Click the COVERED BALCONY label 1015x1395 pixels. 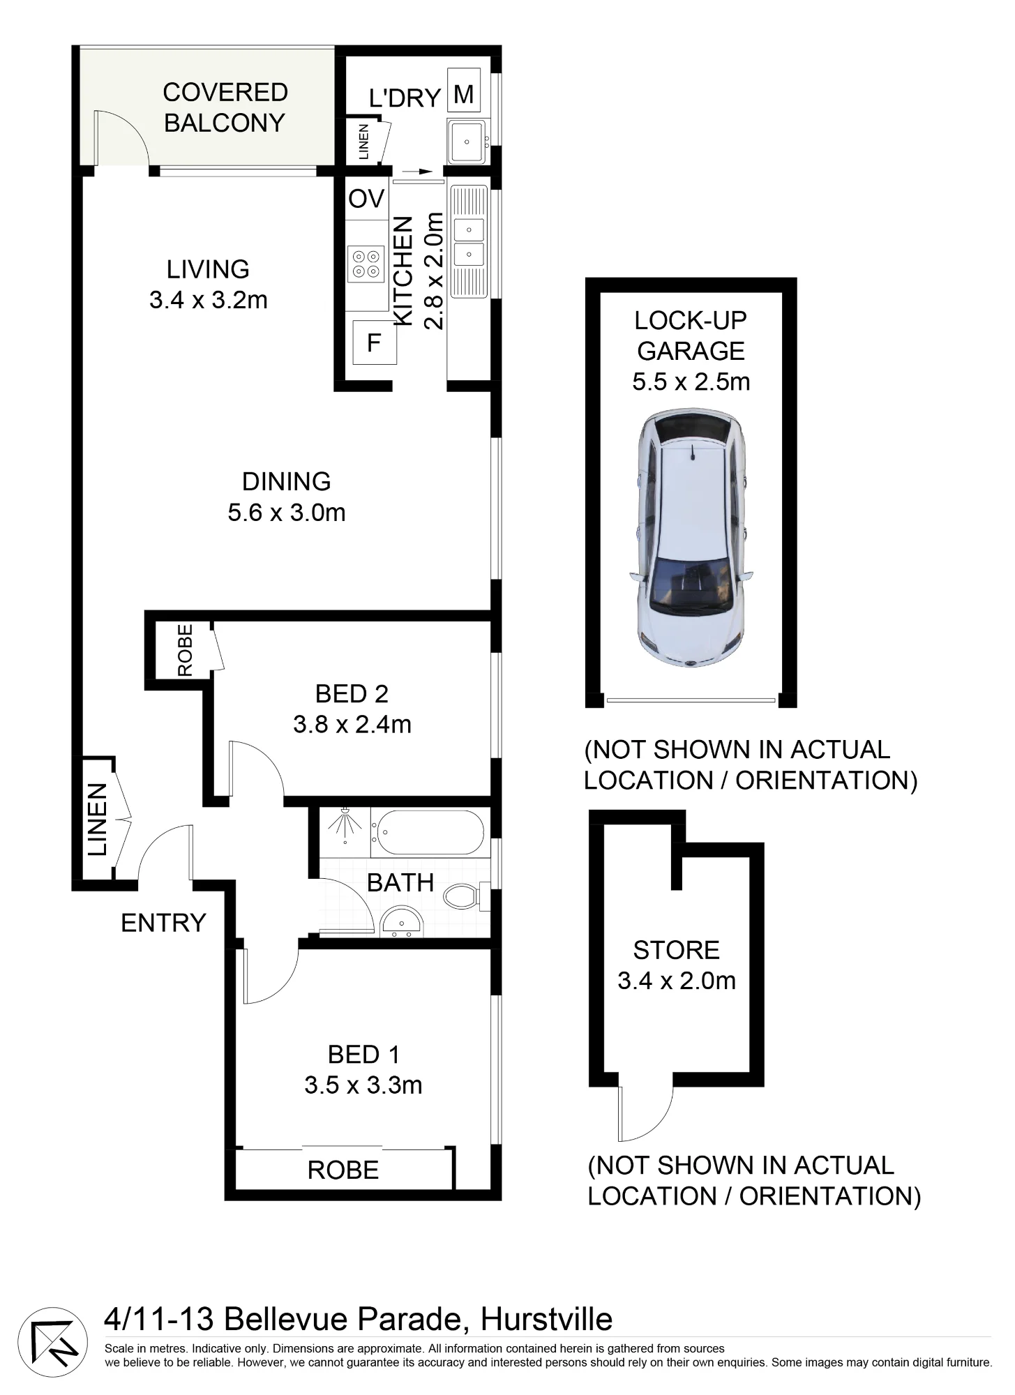[225, 107]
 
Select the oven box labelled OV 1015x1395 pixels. [367, 199]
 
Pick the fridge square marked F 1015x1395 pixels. [375, 342]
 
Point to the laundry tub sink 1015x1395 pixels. [467, 141]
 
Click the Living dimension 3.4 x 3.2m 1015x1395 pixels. [209, 301]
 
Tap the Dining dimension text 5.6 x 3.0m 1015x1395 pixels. [287, 513]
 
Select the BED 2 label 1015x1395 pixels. [352, 693]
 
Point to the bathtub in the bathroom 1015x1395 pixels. [428, 833]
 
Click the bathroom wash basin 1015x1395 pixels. [401, 922]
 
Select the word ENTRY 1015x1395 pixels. [164, 923]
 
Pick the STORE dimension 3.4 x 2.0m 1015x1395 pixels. [677, 981]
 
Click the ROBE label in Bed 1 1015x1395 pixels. [343, 1170]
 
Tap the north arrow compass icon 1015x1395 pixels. [52, 1343]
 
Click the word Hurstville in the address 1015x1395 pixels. [547, 1320]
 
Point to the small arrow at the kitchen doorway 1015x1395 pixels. [416, 171]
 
